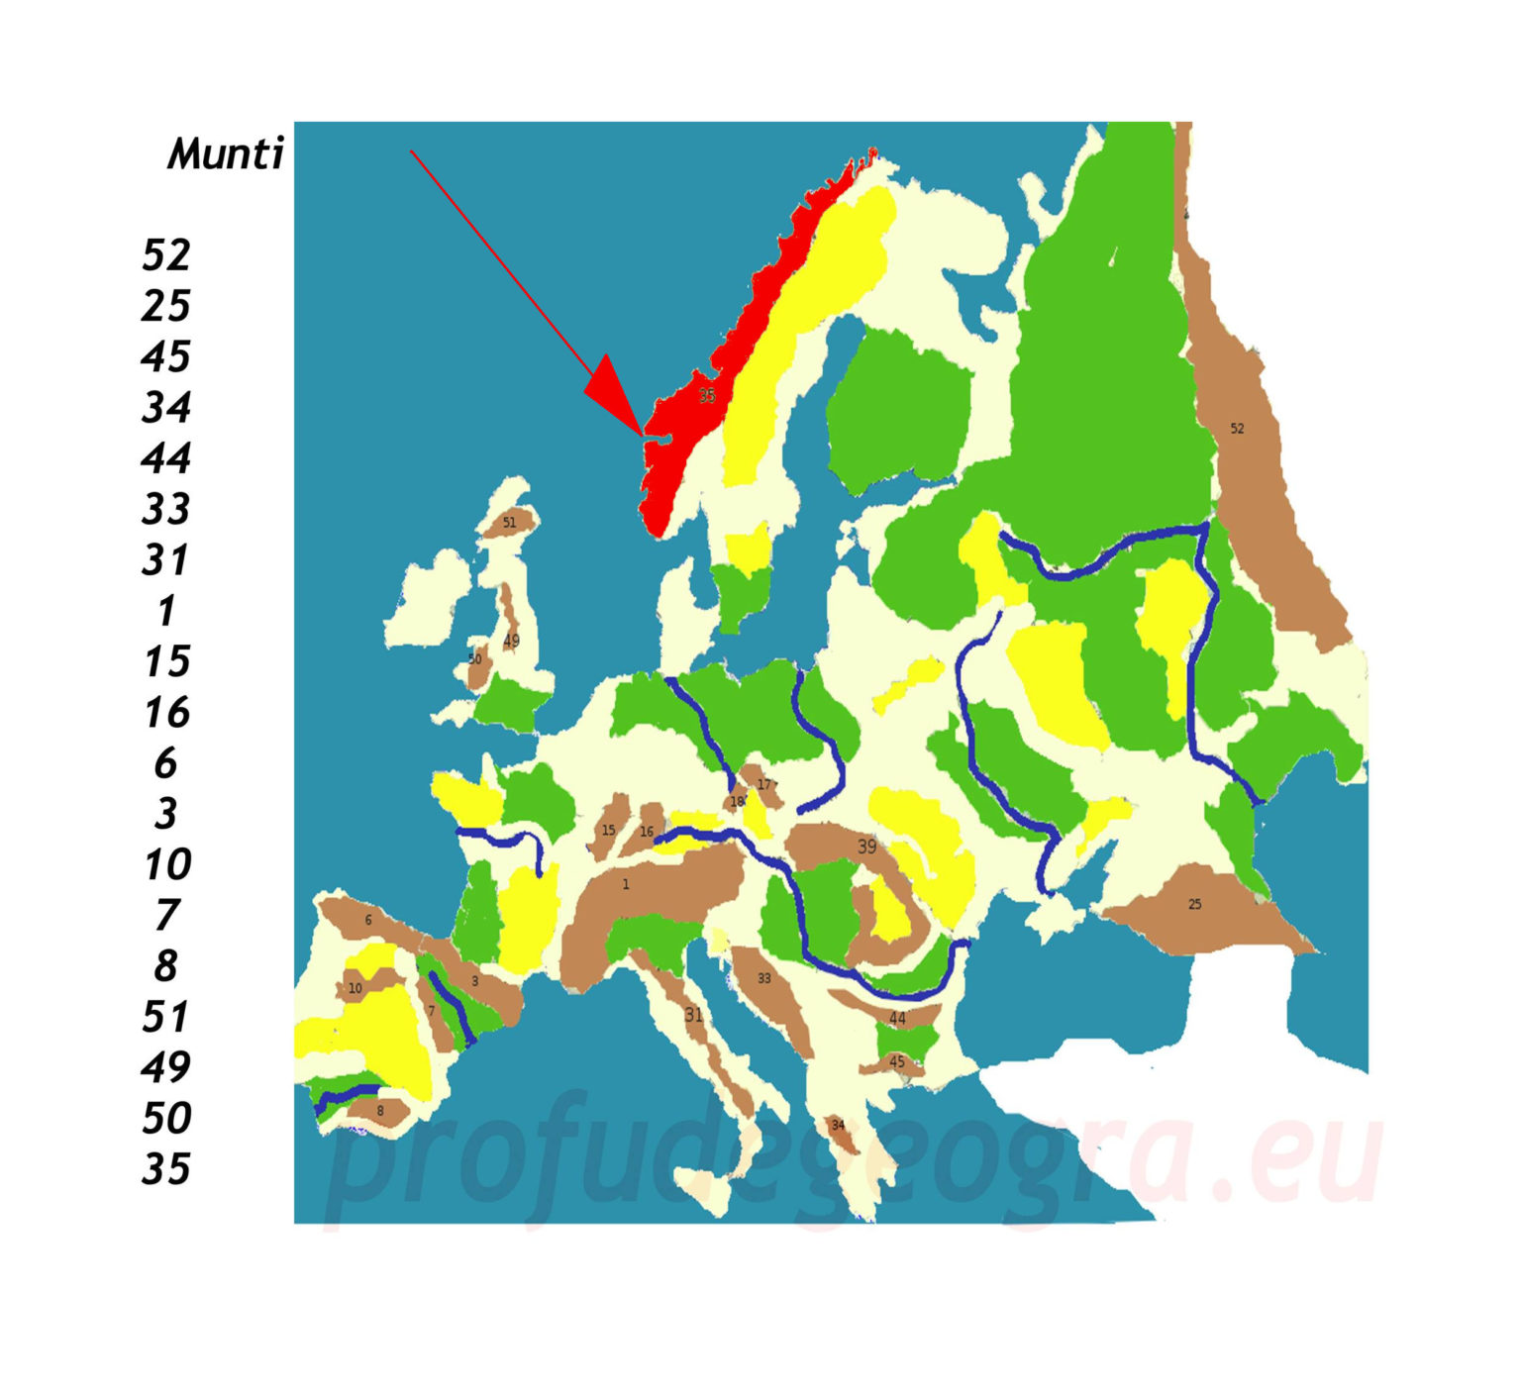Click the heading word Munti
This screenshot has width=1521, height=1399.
(226, 154)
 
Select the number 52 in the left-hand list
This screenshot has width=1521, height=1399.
(165, 255)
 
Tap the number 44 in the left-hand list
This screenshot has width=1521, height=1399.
(165, 458)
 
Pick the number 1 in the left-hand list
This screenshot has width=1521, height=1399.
(166, 611)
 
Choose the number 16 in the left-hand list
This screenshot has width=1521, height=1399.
(166, 713)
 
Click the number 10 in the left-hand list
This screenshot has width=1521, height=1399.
(166, 865)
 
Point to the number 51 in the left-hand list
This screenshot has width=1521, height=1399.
(165, 1018)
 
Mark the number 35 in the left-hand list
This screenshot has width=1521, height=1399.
(165, 1170)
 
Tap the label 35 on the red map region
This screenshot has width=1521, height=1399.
(706, 396)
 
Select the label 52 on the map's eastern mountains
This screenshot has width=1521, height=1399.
(1237, 429)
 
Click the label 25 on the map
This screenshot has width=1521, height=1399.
(1195, 905)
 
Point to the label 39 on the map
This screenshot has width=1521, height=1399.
(866, 848)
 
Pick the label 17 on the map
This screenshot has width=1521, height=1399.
(763, 785)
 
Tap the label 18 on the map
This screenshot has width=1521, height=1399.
(737, 802)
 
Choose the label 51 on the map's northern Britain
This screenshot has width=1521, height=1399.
(509, 523)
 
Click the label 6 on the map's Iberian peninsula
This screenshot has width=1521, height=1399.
(368, 921)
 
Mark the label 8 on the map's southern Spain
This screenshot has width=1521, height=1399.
(380, 1112)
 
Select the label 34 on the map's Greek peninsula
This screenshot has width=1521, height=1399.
(838, 1126)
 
